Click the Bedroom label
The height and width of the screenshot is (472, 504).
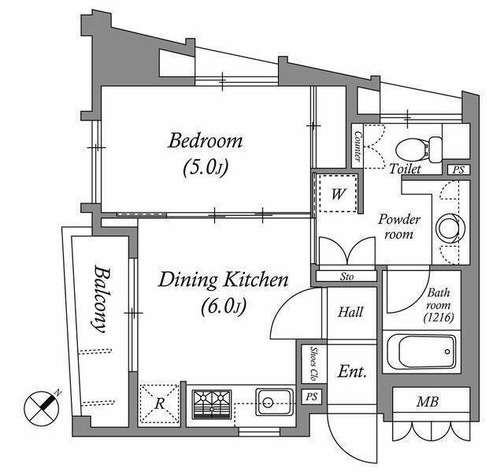(x=205, y=142)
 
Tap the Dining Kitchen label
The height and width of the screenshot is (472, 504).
(x=224, y=281)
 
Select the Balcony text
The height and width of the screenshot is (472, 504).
(x=100, y=299)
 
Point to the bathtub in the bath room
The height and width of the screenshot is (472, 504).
(x=421, y=351)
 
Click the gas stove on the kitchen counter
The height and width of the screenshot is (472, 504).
(x=212, y=404)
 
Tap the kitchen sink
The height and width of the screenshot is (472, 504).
(x=275, y=402)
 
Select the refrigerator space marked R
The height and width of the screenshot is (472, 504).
(x=159, y=403)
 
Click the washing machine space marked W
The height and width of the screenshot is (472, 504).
(x=338, y=194)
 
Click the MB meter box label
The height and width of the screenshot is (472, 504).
(x=428, y=402)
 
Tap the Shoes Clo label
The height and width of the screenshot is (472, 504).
(x=313, y=364)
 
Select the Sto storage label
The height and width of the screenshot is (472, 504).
(x=346, y=277)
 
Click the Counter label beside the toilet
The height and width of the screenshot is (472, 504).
(x=358, y=146)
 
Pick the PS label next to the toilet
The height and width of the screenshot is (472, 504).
(x=458, y=169)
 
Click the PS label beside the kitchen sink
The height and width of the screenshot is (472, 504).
(x=311, y=397)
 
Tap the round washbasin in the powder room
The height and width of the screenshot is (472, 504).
(x=450, y=228)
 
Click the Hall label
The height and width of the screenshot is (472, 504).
(x=350, y=312)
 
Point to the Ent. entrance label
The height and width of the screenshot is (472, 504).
(x=352, y=373)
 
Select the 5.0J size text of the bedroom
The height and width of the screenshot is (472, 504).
(x=206, y=168)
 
